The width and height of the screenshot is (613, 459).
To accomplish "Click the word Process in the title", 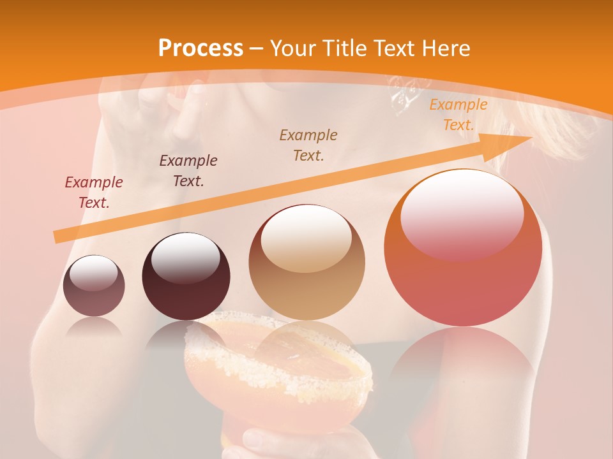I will [x=201, y=48].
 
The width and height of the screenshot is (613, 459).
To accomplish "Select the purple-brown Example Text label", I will [x=188, y=170].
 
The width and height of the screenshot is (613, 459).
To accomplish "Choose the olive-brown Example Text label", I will [x=308, y=145].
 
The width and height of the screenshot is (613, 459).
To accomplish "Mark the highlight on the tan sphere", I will [x=306, y=237].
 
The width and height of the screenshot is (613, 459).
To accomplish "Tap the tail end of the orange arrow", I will [x=56, y=237].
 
